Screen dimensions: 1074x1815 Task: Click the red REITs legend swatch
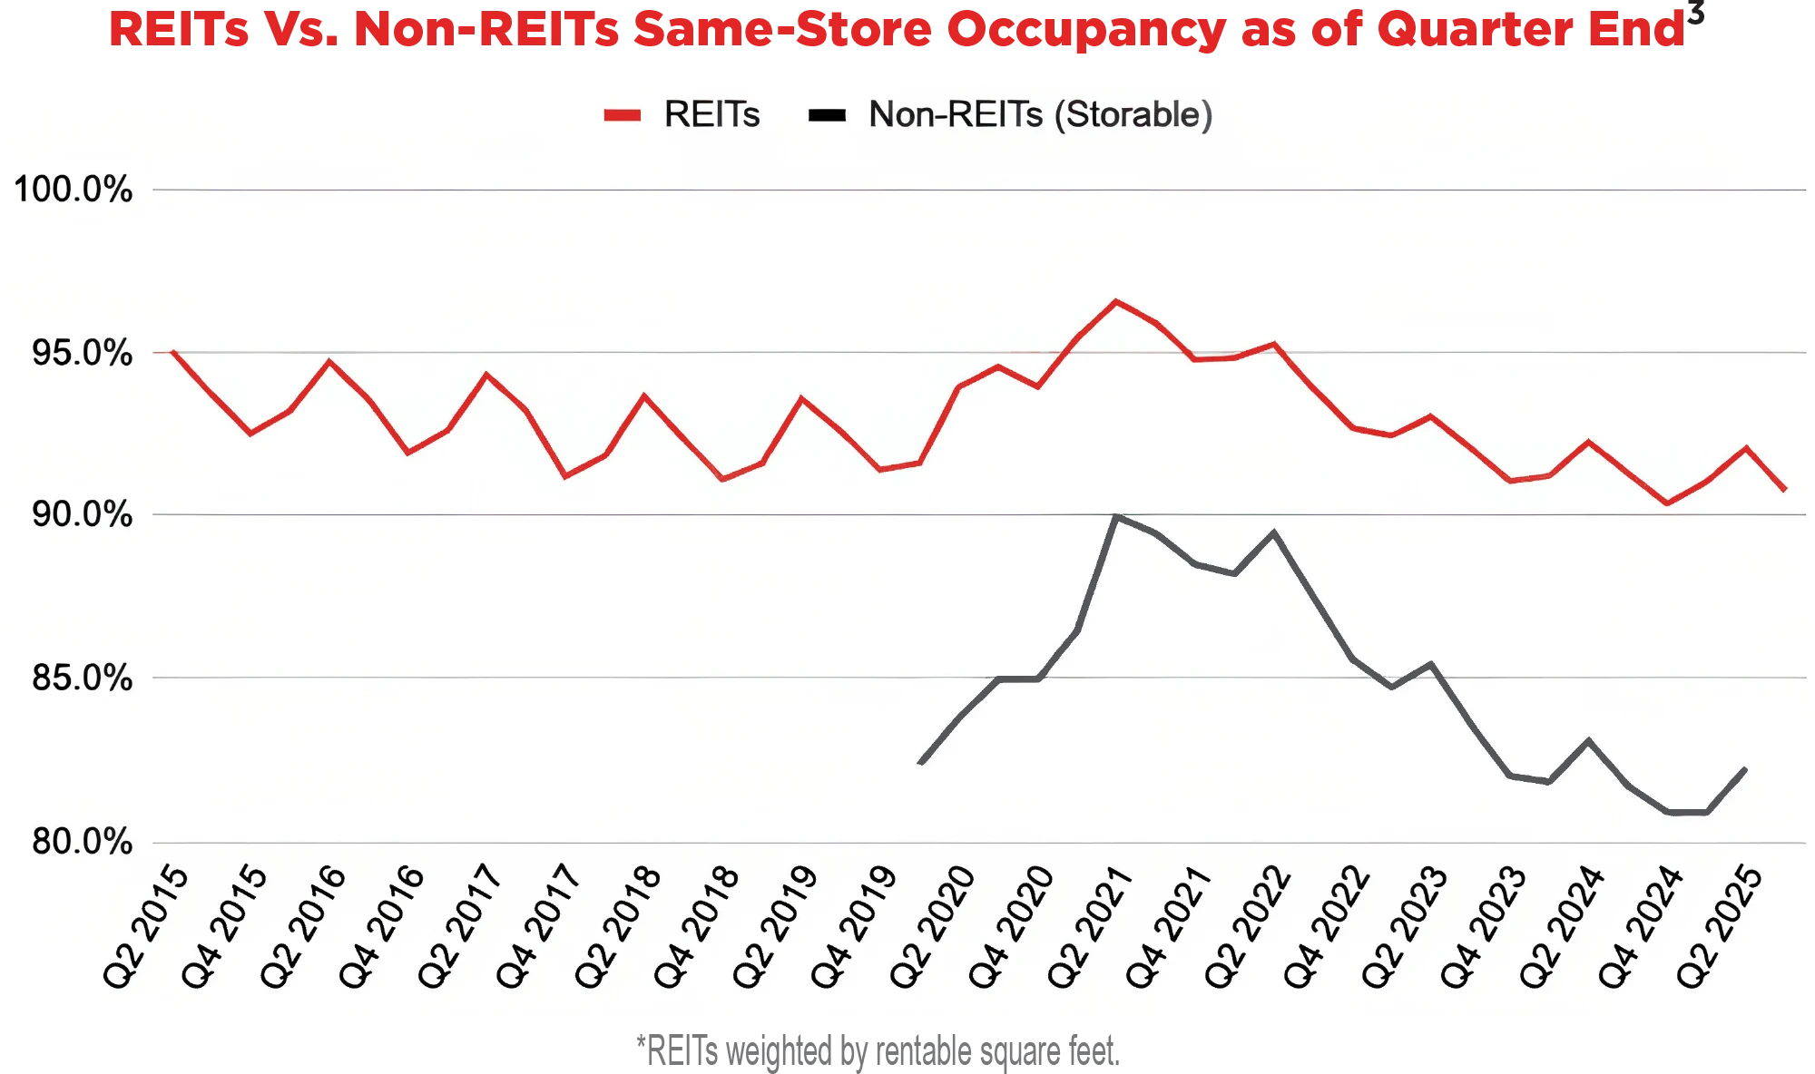[x=623, y=115]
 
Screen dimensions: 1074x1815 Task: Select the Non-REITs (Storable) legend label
[x=1040, y=115]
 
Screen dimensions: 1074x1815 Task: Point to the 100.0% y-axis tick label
[x=73, y=190]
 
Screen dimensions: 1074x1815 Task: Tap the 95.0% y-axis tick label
[x=82, y=354]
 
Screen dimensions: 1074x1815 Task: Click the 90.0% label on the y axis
[x=82, y=515]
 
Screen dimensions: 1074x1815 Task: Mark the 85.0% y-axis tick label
[x=82, y=679]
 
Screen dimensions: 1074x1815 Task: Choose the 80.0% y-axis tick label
[x=82, y=842]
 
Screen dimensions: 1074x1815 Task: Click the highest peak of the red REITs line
[x=1116, y=301]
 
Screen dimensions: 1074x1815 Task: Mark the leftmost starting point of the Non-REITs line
[x=921, y=763]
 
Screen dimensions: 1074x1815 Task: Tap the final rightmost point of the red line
[x=1785, y=490]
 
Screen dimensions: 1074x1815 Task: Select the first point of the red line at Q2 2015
[x=172, y=352]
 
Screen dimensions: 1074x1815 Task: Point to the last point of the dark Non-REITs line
[x=1745, y=769]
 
